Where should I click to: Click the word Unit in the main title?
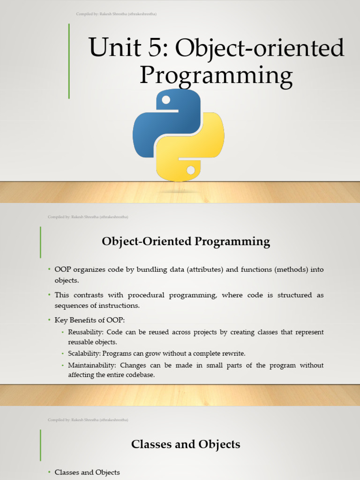pyautogui.click(x=115, y=47)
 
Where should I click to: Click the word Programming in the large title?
pyautogui.click(x=216, y=76)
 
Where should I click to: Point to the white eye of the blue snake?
pyautogui.click(x=165, y=100)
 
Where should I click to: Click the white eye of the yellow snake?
pyautogui.click(x=190, y=170)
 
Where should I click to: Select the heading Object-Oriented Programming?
pyautogui.click(x=186, y=241)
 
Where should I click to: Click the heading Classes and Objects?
pyautogui.click(x=186, y=444)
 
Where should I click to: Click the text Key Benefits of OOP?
pyautogui.click(x=90, y=320)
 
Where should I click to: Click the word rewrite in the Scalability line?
pyautogui.click(x=234, y=353)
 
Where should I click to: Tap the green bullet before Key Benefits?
pyautogui.click(x=49, y=320)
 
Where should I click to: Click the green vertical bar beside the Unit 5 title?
pyautogui.click(x=69, y=61)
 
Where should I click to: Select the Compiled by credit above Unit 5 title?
pyautogui.click(x=116, y=14)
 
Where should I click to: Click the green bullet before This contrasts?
pyautogui.click(x=49, y=295)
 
